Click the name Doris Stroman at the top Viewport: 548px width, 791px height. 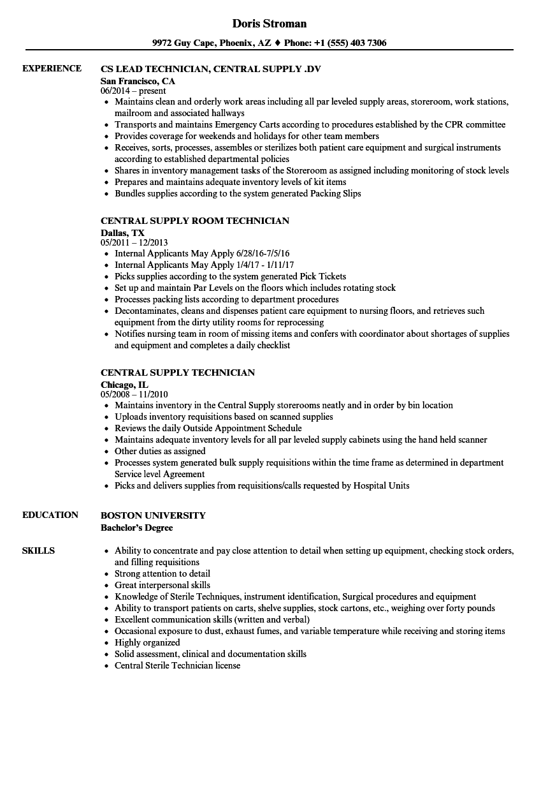pyautogui.click(x=269, y=24)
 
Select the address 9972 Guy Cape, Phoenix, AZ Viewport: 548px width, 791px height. pyautogui.click(x=212, y=43)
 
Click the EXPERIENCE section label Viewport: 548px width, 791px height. pyautogui.click(x=52, y=69)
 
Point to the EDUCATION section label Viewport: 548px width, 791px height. pyautogui.click(x=50, y=515)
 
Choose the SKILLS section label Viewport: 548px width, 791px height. pyautogui.click(x=38, y=551)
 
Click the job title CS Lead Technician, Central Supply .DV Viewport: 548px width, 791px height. pyautogui.click(x=210, y=69)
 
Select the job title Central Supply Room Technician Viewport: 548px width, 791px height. pyautogui.click(x=195, y=221)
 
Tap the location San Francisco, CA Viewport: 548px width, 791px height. pyautogui.click(x=138, y=81)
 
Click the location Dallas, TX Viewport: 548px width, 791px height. pyautogui.click(x=122, y=233)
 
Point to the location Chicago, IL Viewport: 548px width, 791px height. pyautogui.click(x=124, y=385)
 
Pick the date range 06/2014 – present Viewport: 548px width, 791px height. pyautogui.click(x=133, y=91)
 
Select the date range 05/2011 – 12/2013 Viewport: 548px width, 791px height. pyautogui.click(x=134, y=243)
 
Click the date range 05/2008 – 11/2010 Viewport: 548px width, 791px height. pyautogui.click(x=134, y=395)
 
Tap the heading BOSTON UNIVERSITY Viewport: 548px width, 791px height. pyautogui.click(x=153, y=515)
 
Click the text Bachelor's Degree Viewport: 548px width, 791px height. pyautogui.click(x=136, y=528)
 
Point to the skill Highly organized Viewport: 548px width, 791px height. pyautogui.click(x=147, y=642)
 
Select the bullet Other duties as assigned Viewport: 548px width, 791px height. pyautogui.click(x=160, y=451)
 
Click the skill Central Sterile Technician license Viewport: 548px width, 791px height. pyautogui.click(x=177, y=665)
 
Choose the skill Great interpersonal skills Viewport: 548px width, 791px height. pyautogui.click(x=162, y=585)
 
